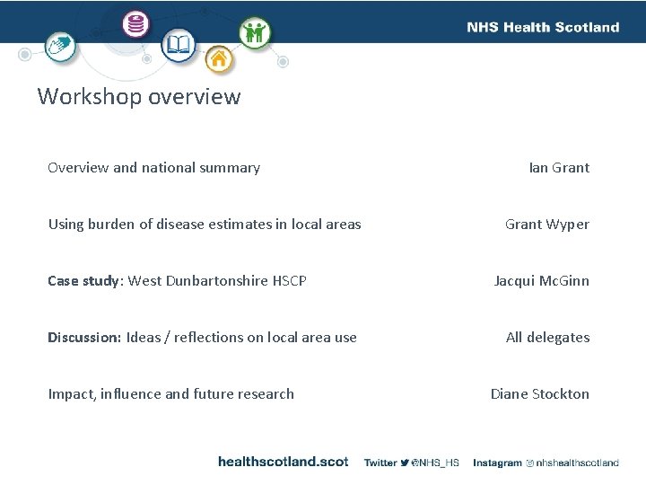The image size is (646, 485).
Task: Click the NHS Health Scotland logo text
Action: click(x=543, y=27)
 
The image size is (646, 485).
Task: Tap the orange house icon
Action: click(x=218, y=61)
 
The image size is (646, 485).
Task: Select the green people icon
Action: click(x=254, y=32)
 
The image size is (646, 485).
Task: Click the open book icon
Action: click(x=178, y=44)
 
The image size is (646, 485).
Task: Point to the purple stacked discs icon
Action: click(x=137, y=24)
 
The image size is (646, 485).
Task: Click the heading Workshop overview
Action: click(x=139, y=96)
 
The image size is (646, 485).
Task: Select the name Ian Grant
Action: click(x=559, y=167)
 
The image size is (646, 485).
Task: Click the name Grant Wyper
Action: click(x=547, y=224)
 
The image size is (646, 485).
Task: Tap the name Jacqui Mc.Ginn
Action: click(x=542, y=280)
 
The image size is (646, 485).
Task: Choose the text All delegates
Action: click(x=547, y=337)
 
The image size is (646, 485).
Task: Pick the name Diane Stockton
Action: click(x=540, y=393)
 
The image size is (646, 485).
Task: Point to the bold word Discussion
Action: click(x=83, y=337)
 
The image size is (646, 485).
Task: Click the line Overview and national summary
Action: click(x=153, y=167)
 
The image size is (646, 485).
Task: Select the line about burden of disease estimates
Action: click(x=205, y=224)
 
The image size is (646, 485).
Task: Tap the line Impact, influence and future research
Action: click(x=170, y=393)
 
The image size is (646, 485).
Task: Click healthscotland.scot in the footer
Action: click(x=283, y=462)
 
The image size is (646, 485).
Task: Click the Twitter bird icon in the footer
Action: click(x=405, y=463)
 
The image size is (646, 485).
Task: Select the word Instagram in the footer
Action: click(x=497, y=463)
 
